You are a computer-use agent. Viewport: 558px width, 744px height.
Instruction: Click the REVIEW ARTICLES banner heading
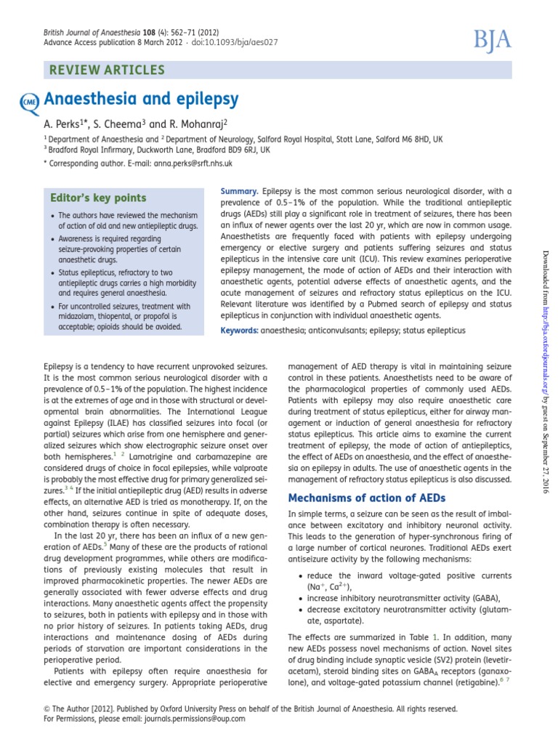click(106, 70)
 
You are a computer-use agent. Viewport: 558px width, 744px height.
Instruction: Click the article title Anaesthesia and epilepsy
click(142, 99)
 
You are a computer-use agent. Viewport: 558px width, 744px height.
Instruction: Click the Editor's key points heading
click(98, 198)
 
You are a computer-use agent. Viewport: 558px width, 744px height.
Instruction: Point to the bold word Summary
click(239, 190)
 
